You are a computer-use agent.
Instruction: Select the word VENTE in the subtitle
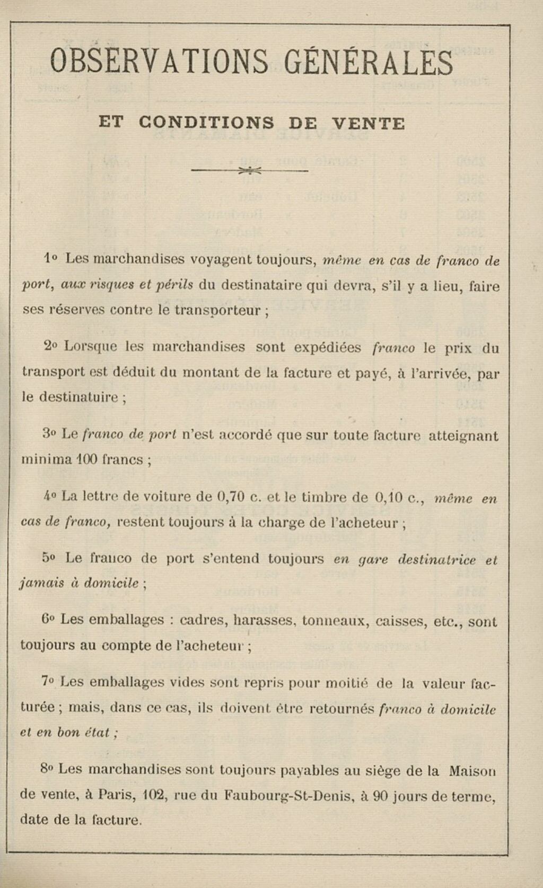click(x=368, y=124)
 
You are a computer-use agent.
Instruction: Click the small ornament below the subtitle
click(x=250, y=171)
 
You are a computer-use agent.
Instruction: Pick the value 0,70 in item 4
click(x=230, y=497)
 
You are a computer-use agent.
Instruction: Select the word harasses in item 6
click(x=264, y=620)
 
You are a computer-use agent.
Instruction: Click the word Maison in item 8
click(x=471, y=770)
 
